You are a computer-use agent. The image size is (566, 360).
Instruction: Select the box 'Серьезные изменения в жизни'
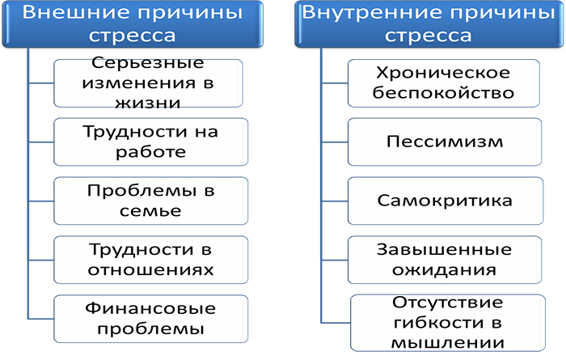click(x=148, y=83)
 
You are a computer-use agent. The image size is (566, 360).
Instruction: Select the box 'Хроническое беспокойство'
click(x=444, y=83)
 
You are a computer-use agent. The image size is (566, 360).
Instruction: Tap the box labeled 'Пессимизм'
click(x=444, y=142)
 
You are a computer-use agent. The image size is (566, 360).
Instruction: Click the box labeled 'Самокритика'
click(x=444, y=200)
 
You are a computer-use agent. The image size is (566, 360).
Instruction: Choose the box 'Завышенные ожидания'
click(x=444, y=259)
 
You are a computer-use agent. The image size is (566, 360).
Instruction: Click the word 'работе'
click(x=149, y=151)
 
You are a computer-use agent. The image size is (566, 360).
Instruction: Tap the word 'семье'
click(x=148, y=210)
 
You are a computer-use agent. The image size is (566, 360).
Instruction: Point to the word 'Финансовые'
click(x=150, y=308)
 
